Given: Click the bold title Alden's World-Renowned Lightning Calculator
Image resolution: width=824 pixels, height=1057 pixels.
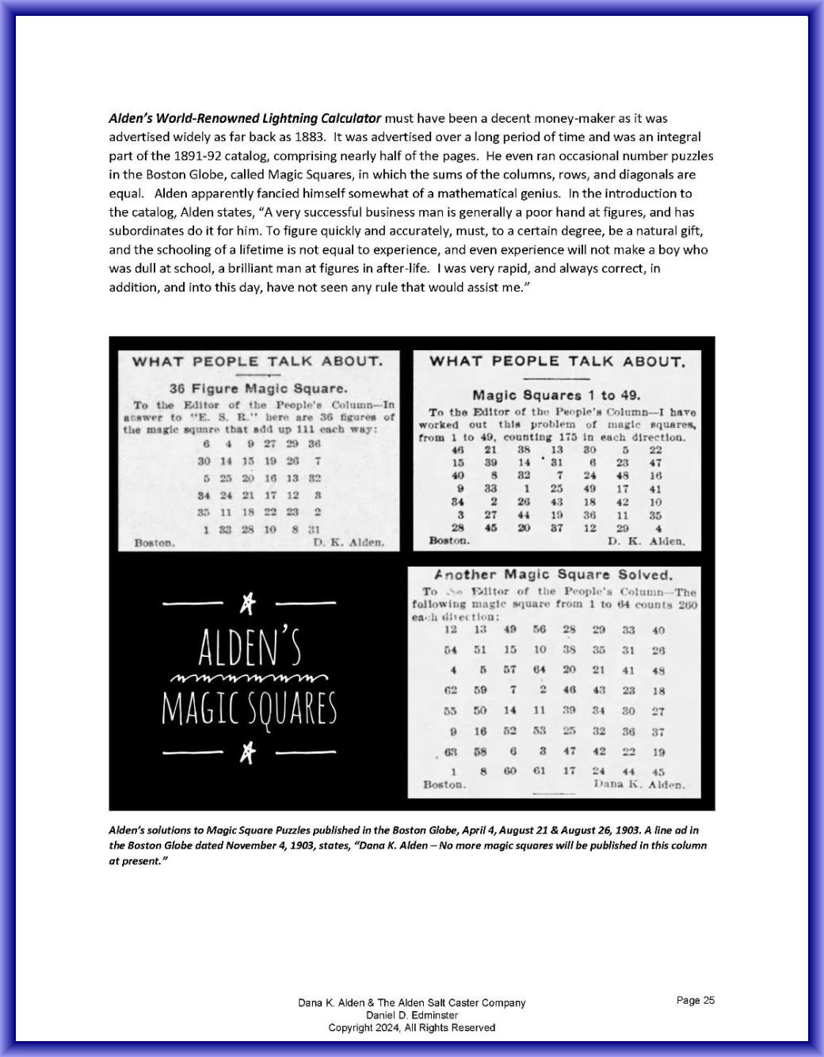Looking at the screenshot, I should click(x=245, y=118).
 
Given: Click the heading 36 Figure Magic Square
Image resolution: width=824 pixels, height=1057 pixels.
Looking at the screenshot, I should click(x=257, y=389).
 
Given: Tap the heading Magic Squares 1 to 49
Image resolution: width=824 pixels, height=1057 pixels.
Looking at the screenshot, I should click(x=556, y=395).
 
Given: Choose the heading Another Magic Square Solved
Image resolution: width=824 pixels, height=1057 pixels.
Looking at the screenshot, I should click(x=553, y=574).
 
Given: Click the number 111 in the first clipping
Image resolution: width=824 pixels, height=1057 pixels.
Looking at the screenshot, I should click(x=307, y=429).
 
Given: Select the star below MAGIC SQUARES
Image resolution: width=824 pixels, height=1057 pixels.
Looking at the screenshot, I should click(x=249, y=752).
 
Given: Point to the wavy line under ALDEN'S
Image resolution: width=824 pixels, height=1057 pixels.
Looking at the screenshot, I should click(x=249, y=679).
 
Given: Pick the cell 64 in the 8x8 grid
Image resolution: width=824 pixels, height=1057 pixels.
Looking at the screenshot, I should click(x=539, y=670).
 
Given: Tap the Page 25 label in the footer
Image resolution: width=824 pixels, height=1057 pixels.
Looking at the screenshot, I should click(x=696, y=1000).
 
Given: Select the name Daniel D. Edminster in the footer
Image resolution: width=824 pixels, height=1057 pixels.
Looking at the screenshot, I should click(x=412, y=1015).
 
